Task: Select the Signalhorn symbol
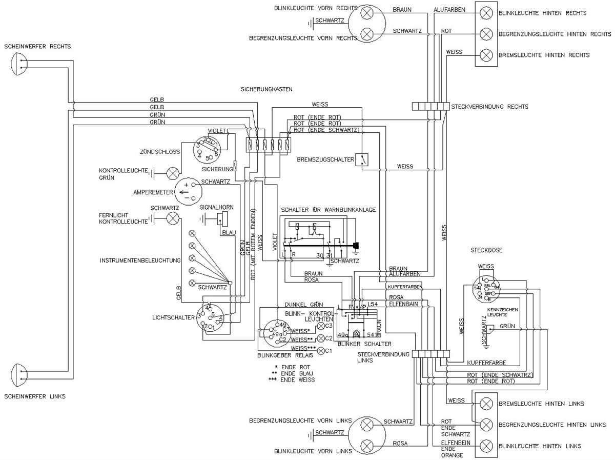222,219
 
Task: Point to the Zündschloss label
159,152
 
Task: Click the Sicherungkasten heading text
266,89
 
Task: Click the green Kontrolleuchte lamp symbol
174,173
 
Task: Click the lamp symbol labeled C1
321,351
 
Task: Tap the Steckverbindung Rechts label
489,107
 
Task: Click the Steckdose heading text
486,250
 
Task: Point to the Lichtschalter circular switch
211,317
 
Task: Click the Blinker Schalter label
364,344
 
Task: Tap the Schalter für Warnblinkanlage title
328,209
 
